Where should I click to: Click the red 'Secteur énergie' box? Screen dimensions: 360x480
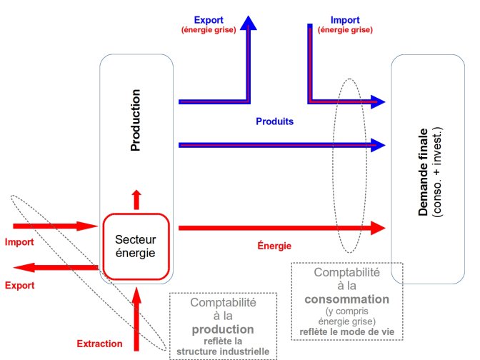[135, 246]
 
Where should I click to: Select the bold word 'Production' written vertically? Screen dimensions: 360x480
[136, 121]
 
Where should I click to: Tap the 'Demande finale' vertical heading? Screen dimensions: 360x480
[424, 171]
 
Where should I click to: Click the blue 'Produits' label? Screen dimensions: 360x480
[275, 121]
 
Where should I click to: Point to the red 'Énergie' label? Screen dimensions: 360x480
[274, 246]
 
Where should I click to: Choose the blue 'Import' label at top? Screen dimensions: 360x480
[346, 20]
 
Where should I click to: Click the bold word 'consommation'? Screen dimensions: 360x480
[348, 299]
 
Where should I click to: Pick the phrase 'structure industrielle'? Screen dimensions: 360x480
[223, 351]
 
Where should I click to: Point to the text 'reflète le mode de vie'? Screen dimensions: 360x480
[347, 331]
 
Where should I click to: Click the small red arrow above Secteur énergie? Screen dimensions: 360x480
[136, 199]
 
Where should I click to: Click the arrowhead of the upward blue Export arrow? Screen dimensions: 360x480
[249, 21]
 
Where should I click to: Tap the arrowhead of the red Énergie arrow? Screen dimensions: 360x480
[376, 228]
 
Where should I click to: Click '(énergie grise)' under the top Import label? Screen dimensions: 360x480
[346, 30]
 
